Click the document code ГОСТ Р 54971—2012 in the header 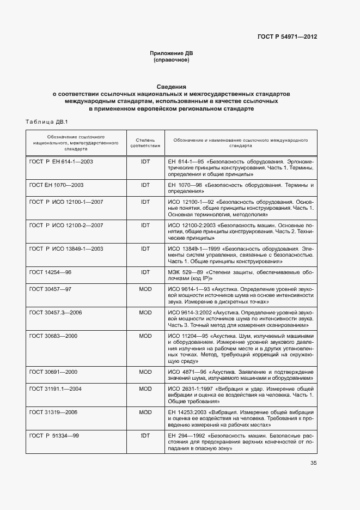click(287, 37)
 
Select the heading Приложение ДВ click(172, 53)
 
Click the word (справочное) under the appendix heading click(172, 60)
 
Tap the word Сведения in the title click(172, 86)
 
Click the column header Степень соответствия click(145, 143)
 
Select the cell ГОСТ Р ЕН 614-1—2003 click(62, 162)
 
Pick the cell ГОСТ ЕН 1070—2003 click(56, 185)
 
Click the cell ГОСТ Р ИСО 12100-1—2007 click(66, 202)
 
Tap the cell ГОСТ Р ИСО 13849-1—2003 click(66, 248)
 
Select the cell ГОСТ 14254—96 click(50, 271)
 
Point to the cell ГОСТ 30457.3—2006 click(56, 312)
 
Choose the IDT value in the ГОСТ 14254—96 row click(145, 271)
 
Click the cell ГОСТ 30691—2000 click(53, 372)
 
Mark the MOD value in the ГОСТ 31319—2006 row click(145, 412)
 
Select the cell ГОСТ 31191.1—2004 click(56, 388)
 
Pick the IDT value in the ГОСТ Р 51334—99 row click(145, 436)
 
